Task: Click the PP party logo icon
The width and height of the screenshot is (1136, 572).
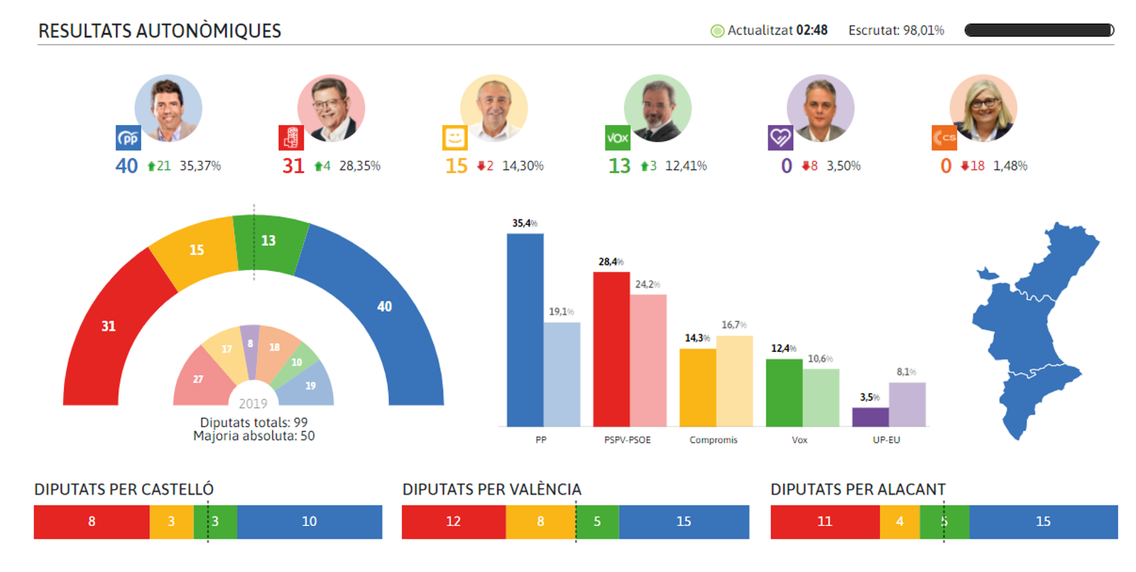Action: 129,138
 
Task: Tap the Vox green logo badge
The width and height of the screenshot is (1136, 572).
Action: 617,138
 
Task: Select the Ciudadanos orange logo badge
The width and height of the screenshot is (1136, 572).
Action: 944,138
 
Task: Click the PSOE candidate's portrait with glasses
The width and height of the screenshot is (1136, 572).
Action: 331,108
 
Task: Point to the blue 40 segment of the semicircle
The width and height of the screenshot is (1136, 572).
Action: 383,307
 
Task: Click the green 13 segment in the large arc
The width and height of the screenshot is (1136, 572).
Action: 269,241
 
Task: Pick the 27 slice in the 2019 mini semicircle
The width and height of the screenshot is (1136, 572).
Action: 198,379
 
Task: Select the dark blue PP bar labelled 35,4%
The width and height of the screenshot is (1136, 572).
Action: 525,330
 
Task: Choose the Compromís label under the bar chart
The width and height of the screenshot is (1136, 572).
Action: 713,440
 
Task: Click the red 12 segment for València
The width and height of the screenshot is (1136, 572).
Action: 453,522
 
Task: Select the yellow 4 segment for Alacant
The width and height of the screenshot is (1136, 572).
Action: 899,522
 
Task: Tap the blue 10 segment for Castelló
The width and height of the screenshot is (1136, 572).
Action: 309,522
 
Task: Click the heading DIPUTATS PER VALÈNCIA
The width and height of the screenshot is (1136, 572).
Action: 491,490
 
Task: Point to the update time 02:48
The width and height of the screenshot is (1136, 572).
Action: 812,31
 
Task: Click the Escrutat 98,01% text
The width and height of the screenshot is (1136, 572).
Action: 896,31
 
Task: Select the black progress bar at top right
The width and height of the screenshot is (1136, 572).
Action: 1039,31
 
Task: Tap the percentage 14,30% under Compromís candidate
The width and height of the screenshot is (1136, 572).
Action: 523,166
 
